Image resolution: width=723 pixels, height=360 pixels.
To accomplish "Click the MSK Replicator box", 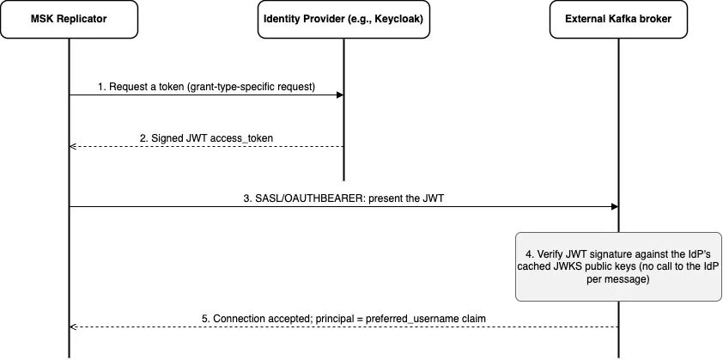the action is (x=70, y=20).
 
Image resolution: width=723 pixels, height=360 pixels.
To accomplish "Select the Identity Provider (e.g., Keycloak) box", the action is (x=343, y=20).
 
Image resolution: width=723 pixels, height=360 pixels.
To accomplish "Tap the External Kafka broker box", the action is (x=618, y=20).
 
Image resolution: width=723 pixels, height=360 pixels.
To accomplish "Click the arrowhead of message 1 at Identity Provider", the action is (x=340, y=95).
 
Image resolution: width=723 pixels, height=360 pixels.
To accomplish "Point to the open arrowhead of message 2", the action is (x=72, y=147).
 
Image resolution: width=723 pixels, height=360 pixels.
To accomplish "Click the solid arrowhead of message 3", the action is (x=615, y=207).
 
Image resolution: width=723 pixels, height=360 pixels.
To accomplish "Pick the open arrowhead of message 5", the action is (x=72, y=327).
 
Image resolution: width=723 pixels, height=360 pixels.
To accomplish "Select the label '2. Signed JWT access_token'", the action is (x=206, y=138).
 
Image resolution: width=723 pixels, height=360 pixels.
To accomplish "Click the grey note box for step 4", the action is (x=618, y=266).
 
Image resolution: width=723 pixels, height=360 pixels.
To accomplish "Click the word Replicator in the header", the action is (x=85, y=20).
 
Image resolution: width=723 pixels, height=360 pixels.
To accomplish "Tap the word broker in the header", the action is (x=657, y=20).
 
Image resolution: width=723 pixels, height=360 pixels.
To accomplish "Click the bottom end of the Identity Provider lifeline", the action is (x=343, y=181).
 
